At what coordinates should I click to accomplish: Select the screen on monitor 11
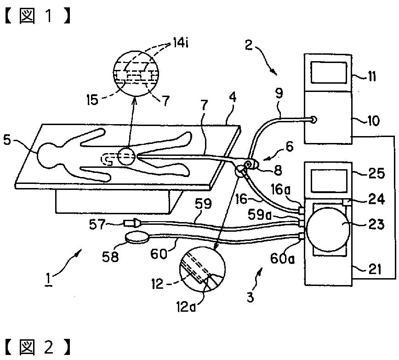tap(329, 73)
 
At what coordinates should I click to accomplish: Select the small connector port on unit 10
tap(314, 119)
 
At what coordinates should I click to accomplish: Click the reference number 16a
tap(280, 190)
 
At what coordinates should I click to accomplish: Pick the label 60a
tap(282, 259)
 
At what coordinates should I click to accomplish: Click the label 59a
tap(260, 215)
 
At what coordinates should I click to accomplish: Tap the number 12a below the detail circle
tap(186, 307)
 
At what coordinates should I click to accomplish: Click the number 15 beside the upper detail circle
tap(92, 100)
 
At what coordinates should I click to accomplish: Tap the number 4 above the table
tap(232, 97)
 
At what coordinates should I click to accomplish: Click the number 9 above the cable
tap(279, 94)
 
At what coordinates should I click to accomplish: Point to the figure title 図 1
tap(37, 16)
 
